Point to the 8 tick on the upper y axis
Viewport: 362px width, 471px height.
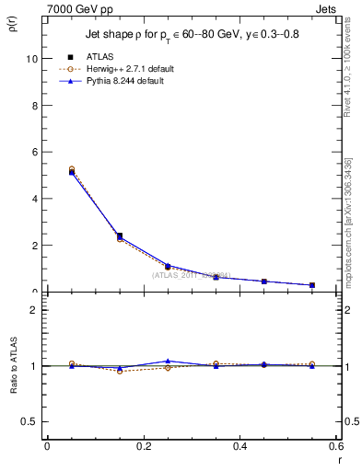point(34,105)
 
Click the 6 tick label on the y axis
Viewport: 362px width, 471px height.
point(34,152)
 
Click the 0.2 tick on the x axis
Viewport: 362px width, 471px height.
point(144,445)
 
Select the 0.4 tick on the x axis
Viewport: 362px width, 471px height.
point(239,445)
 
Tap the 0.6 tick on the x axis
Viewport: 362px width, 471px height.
point(335,445)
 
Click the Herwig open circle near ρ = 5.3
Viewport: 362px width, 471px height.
point(72,169)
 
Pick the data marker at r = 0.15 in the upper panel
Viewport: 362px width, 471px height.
point(120,235)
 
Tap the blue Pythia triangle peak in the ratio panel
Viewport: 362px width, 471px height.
point(168,361)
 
